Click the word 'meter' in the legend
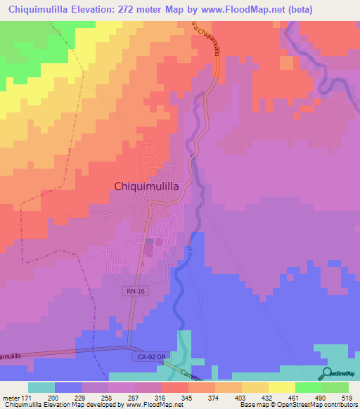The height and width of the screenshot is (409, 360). (x=12, y=398)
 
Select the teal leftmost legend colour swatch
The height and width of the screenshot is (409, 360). (x=41, y=388)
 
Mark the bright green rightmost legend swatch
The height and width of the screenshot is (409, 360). (x=336, y=388)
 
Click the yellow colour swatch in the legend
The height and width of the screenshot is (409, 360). (x=281, y=388)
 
